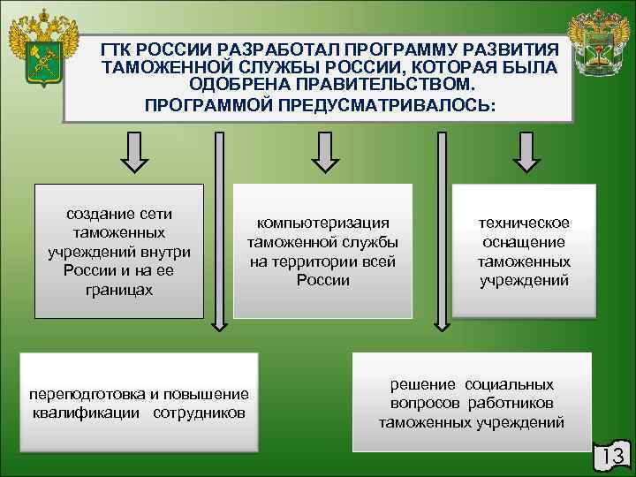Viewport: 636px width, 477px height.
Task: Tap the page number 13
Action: (611, 456)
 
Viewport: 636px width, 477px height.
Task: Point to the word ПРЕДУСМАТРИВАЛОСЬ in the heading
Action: (390, 104)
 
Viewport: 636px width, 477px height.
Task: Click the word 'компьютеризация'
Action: (322, 223)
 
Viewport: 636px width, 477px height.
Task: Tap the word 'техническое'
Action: (524, 223)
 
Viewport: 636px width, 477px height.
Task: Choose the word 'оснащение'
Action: (524, 242)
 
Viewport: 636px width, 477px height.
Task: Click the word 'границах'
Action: (120, 291)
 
